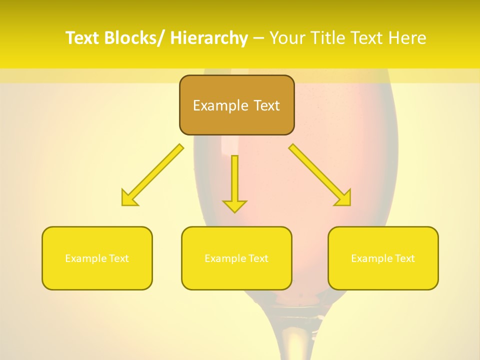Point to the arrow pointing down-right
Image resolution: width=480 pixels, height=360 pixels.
click(320, 175)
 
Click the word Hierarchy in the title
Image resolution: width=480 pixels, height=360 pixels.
click(209, 38)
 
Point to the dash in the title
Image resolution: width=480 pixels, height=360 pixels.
click(258, 38)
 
